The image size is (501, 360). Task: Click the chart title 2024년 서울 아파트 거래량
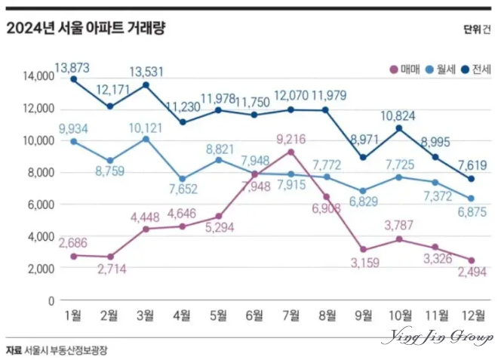[x=85, y=29]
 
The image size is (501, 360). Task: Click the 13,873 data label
[x=72, y=67]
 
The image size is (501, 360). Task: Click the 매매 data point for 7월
[x=290, y=152]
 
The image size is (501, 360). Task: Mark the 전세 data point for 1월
[x=73, y=79]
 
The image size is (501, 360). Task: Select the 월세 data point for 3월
[x=146, y=139]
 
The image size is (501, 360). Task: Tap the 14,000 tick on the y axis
[x=37, y=76]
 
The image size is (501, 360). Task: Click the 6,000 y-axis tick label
[x=39, y=205]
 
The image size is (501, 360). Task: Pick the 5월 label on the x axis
[x=218, y=315]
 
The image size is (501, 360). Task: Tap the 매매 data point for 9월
[x=363, y=249]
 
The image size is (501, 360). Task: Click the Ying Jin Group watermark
[x=438, y=337]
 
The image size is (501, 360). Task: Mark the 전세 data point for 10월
[x=399, y=128]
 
